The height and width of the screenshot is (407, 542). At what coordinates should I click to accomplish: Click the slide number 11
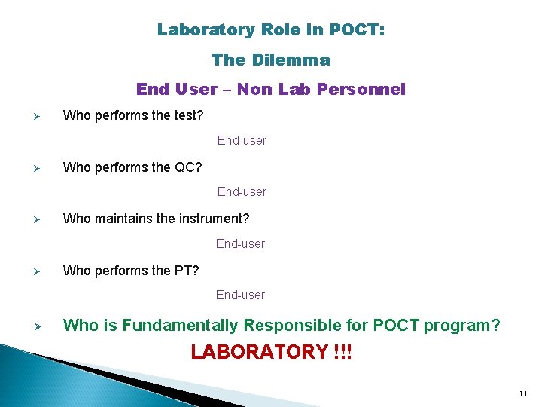tap(523, 394)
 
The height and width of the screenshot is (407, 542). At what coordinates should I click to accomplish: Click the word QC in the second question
tap(188, 167)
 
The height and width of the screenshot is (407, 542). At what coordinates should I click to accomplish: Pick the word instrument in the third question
tap(215, 219)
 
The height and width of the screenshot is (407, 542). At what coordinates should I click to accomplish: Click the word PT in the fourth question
tap(187, 270)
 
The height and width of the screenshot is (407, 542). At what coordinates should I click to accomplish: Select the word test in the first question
tap(189, 115)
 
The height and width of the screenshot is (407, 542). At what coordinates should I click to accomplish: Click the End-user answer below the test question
tap(242, 140)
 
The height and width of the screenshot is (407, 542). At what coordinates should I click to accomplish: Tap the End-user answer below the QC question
tap(242, 191)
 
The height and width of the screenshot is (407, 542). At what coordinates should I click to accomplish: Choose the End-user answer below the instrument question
tap(240, 243)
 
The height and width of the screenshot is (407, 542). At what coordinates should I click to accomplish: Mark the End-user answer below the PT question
tap(240, 295)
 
